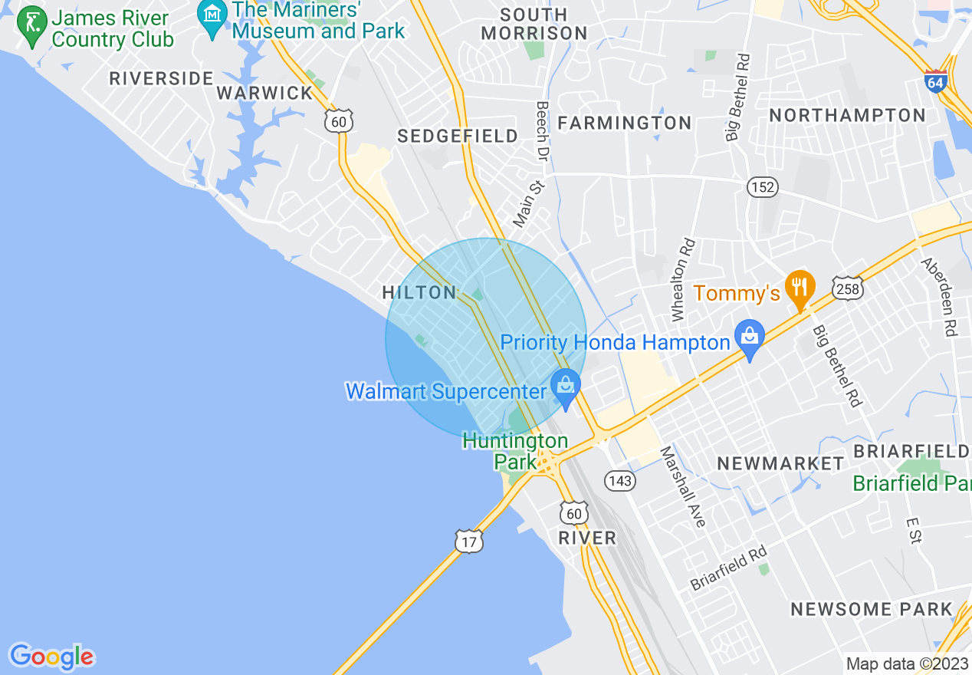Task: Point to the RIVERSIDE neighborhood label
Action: pyautogui.click(x=161, y=78)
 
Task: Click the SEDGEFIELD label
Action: pyautogui.click(x=458, y=136)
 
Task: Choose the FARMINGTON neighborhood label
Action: pyautogui.click(x=624, y=123)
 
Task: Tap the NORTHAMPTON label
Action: pyautogui.click(x=847, y=115)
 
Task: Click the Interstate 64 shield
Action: pyautogui.click(x=935, y=81)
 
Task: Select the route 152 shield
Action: pyautogui.click(x=763, y=186)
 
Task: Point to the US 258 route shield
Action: pyautogui.click(x=849, y=287)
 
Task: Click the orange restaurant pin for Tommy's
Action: pyautogui.click(x=800, y=288)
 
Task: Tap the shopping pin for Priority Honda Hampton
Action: pyautogui.click(x=750, y=337)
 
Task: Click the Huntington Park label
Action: pyautogui.click(x=515, y=452)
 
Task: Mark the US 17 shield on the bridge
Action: pyautogui.click(x=469, y=540)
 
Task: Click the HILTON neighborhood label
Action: pyautogui.click(x=419, y=292)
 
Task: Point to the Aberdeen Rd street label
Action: pyautogui.click(x=939, y=296)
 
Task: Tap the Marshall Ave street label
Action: pyautogui.click(x=681, y=486)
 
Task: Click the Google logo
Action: pyautogui.click(x=51, y=657)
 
